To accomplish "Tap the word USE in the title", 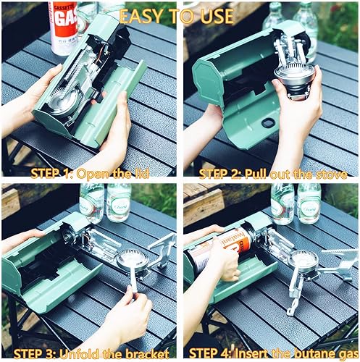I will (214, 16).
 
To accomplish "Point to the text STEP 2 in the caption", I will (225, 174).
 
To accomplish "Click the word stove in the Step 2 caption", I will (329, 174).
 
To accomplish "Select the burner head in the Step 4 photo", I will (303, 258).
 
